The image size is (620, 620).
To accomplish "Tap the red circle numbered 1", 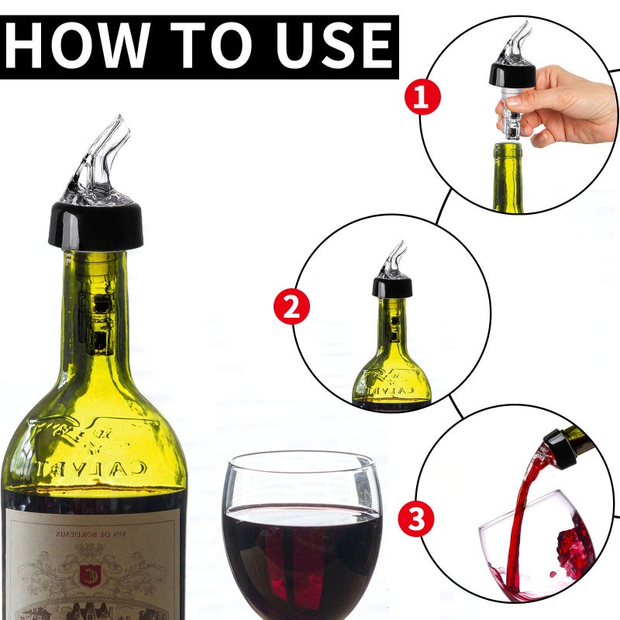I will [x=422, y=98].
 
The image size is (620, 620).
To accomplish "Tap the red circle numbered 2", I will [x=291, y=307].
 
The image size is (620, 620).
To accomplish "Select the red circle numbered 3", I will [x=416, y=518].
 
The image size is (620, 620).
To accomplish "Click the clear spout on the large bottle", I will [x=101, y=159].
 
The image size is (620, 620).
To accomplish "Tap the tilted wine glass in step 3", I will [x=542, y=550].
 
